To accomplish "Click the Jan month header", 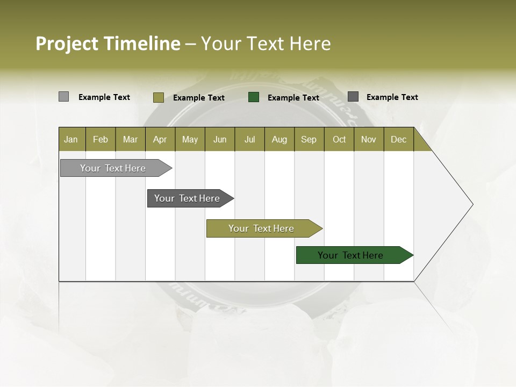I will point(71,139).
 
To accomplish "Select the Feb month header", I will point(101,139).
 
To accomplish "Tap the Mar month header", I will point(130,139).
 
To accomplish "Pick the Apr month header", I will point(160,139).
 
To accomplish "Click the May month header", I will point(190,139).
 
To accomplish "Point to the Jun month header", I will point(220,139).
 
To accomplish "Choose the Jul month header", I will point(249,139).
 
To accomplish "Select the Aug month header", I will point(279,139).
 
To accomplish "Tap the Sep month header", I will point(309,139).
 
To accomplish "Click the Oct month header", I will point(339,139).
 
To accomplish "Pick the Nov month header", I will point(369,139).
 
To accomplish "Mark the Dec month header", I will point(399,139).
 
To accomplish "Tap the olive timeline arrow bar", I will point(262,228).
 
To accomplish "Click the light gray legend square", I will point(63,97).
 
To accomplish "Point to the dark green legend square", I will point(254,97).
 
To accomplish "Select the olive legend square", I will point(159,97).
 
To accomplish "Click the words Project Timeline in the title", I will point(107,44).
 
